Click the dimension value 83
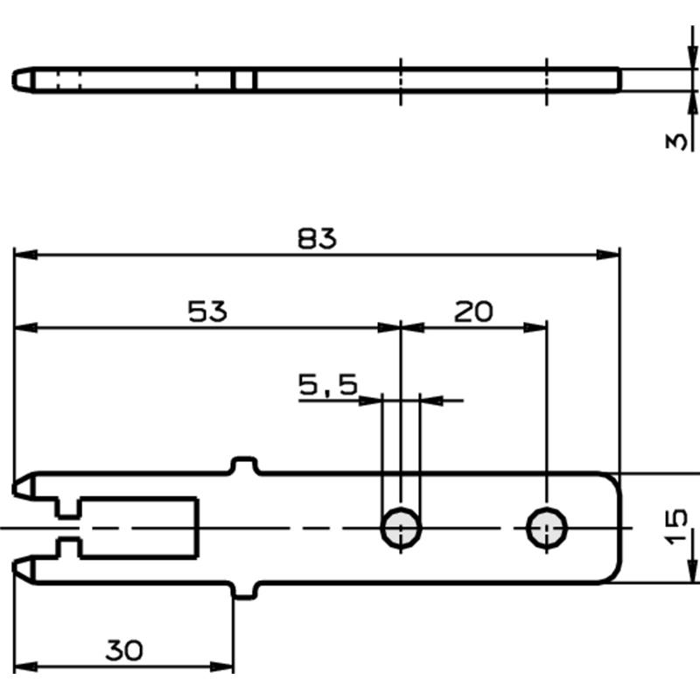tap(317, 238)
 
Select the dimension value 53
tap(207, 311)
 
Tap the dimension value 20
tap(473, 311)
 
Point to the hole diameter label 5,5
tap(328, 385)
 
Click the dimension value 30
tap(124, 650)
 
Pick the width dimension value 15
tap(675, 527)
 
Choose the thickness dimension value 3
tap(675, 142)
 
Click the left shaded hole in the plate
tap(401, 528)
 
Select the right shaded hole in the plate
tap(547, 528)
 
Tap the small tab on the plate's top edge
tap(244, 465)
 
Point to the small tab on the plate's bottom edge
tap(244, 590)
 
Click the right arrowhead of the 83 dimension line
tap(608, 255)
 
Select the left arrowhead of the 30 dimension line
tap(26, 668)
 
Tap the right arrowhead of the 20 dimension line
tap(535, 328)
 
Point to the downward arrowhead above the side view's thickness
tap(692, 57)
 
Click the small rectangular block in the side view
tap(244, 80)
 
